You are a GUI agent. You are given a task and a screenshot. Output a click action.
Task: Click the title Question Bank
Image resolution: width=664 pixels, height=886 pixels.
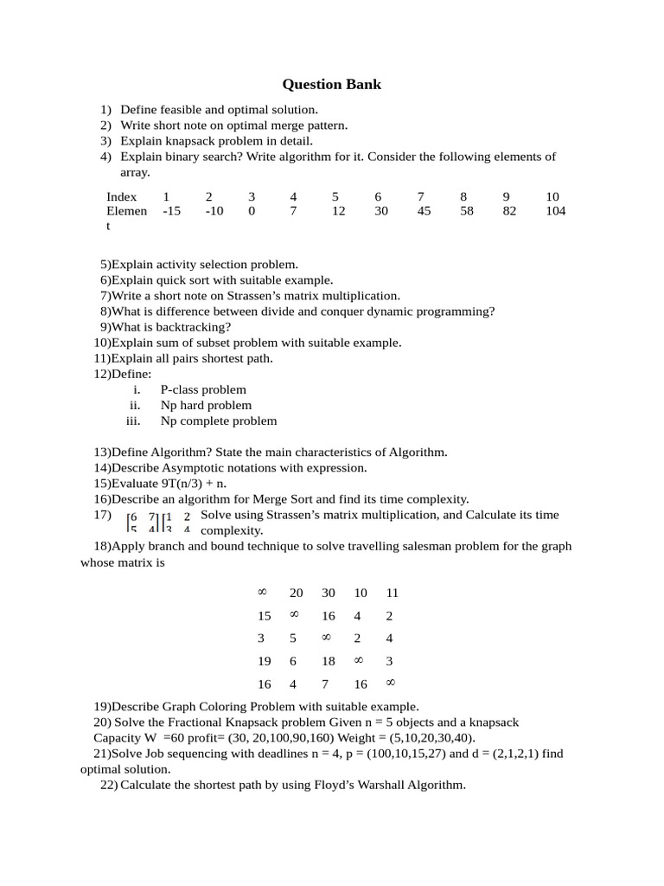(332, 84)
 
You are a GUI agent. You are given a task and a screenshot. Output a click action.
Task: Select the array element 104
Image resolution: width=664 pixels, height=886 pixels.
(556, 211)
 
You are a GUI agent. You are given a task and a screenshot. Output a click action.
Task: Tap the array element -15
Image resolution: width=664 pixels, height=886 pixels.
(171, 211)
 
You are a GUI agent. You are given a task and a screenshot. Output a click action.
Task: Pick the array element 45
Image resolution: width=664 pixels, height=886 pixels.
(424, 211)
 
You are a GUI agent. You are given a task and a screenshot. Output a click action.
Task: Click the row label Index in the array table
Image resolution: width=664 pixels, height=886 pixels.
(122, 196)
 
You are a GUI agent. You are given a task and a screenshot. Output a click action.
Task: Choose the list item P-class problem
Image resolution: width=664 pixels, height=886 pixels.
(203, 389)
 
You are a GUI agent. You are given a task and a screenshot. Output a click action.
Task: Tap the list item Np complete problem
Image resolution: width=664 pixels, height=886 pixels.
(219, 421)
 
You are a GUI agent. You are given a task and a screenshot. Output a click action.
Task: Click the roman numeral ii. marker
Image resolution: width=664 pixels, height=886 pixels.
(135, 405)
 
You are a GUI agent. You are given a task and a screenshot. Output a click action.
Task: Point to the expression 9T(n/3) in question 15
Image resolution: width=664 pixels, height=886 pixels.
(181, 483)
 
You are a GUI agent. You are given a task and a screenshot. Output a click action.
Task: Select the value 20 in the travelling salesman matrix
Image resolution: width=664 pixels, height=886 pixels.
(297, 593)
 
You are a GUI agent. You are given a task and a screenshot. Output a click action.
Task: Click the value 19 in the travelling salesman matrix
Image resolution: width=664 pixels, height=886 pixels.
(265, 661)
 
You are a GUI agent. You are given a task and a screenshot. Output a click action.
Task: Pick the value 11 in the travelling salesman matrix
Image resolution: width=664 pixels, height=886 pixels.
(392, 593)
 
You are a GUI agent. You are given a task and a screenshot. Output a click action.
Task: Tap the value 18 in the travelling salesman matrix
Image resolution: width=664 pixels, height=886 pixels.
(329, 661)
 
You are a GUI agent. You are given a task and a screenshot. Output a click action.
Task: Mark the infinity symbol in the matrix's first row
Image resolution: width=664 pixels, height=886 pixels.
(262, 592)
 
